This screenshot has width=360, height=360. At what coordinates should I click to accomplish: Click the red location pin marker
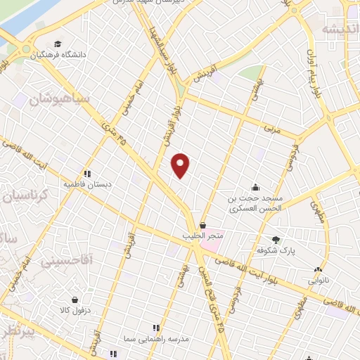pyautogui.click(x=181, y=165)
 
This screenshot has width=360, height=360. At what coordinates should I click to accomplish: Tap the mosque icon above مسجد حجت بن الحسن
pyautogui.click(x=255, y=188)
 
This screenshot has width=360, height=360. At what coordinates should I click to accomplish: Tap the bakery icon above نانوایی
pyautogui.click(x=319, y=269)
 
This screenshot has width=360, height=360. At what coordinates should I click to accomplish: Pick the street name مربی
pyautogui.click(x=271, y=130)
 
